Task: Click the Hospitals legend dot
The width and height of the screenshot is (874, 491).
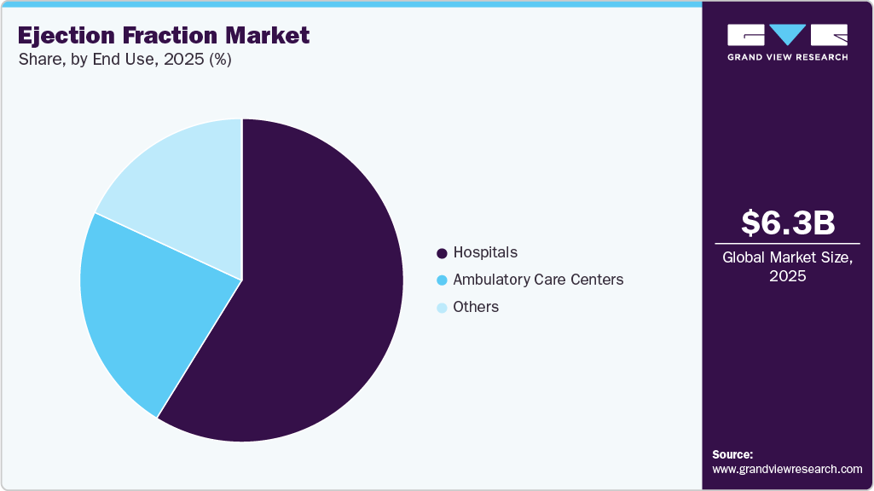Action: point(442,253)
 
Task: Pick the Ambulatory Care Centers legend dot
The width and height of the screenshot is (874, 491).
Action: point(442,280)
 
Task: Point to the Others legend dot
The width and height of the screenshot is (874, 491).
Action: point(442,308)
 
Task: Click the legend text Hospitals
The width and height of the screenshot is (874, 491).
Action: point(485,252)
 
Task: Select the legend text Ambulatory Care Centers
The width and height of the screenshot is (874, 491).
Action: point(538,280)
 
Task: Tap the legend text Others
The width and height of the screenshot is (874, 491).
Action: point(476,307)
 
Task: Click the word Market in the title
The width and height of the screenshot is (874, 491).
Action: point(270,36)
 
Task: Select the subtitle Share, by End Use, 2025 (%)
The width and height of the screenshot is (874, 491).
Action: point(124,60)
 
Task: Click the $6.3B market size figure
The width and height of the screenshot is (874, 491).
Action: point(787,223)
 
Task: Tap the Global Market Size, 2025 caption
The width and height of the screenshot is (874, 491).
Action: point(787,266)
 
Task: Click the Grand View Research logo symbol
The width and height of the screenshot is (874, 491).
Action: point(787,34)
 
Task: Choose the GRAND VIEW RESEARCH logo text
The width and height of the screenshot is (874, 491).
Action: point(787,57)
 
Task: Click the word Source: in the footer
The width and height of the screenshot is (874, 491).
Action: point(732,454)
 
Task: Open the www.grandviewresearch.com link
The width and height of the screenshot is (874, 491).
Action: point(787,469)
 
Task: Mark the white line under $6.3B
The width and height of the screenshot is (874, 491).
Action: point(787,243)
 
